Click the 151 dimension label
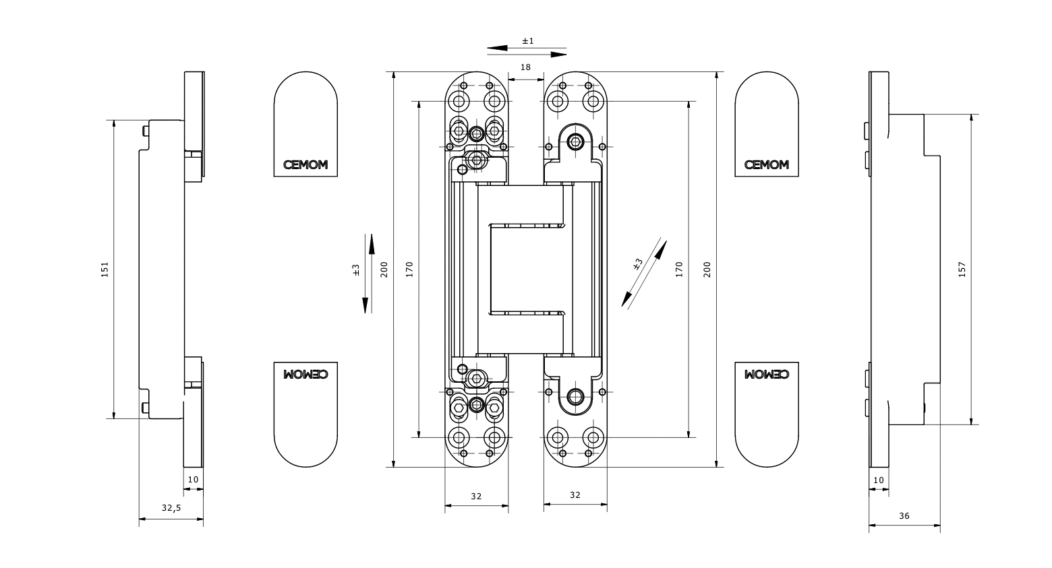click(x=105, y=270)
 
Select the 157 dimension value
click(x=962, y=270)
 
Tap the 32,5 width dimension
click(x=171, y=508)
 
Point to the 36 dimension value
click(x=904, y=516)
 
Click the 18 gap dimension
click(x=525, y=67)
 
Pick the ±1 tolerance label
click(x=527, y=41)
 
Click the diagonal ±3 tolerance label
click(x=638, y=264)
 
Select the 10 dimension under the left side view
click(x=193, y=479)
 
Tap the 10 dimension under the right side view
click(x=878, y=480)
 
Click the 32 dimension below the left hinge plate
click(x=476, y=496)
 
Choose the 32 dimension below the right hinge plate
click(x=575, y=495)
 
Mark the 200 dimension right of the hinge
click(x=707, y=270)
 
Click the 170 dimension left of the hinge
click(x=409, y=270)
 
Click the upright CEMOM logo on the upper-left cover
click(x=305, y=165)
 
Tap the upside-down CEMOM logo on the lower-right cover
click(x=767, y=373)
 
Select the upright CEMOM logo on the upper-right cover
click(x=767, y=165)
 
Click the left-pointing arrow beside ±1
click(x=498, y=48)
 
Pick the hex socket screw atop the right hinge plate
click(x=575, y=141)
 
